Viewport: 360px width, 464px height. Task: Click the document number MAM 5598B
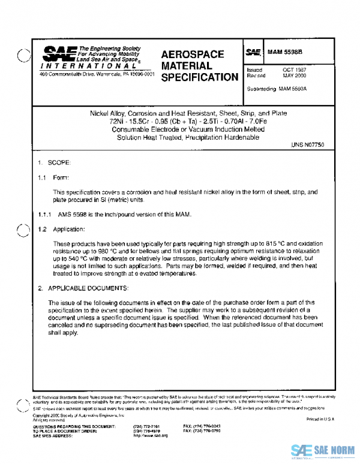coord(286,52)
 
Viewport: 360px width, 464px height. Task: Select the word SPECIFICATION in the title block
coord(199,77)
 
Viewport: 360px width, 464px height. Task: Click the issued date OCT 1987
coord(295,70)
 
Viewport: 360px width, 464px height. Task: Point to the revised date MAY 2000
coord(295,76)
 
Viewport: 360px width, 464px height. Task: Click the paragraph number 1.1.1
coord(45,214)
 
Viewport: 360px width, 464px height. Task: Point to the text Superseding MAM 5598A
coord(277,89)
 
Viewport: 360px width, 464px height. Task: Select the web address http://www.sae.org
coord(150,436)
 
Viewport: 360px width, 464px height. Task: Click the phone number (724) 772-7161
coord(147,426)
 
